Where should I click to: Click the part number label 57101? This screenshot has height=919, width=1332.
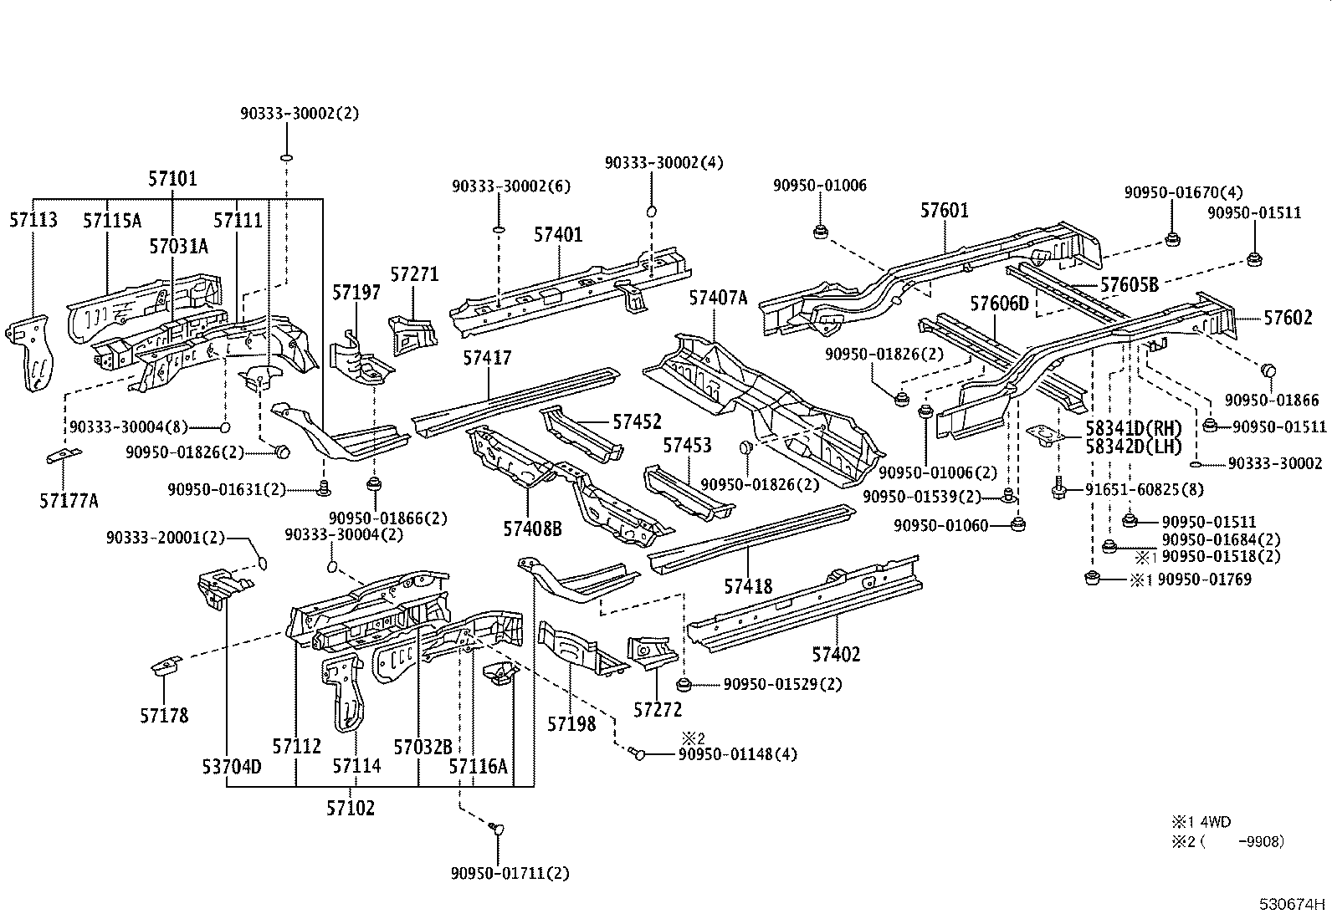click(172, 178)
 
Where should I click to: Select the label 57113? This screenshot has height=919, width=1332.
click(33, 220)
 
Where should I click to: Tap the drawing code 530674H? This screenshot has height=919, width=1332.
click(1293, 904)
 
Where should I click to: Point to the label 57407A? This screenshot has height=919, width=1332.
click(718, 297)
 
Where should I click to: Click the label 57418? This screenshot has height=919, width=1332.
click(748, 587)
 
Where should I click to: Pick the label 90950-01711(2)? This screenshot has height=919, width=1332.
click(510, 873)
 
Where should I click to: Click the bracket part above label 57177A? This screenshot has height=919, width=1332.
click(64, 456)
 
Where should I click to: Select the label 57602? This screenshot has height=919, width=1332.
click(1288, 318)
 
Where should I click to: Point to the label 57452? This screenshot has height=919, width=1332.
click(637, 421)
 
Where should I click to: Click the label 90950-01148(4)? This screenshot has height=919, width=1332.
click(736, 754)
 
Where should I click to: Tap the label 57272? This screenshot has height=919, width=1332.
click(658, 710)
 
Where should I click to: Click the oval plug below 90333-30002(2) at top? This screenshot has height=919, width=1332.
click(286, 156)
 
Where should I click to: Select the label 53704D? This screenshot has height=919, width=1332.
click(231, 766)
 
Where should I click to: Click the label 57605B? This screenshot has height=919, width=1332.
click(1129, 285)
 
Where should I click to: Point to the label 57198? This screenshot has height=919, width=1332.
click(572, 723)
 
